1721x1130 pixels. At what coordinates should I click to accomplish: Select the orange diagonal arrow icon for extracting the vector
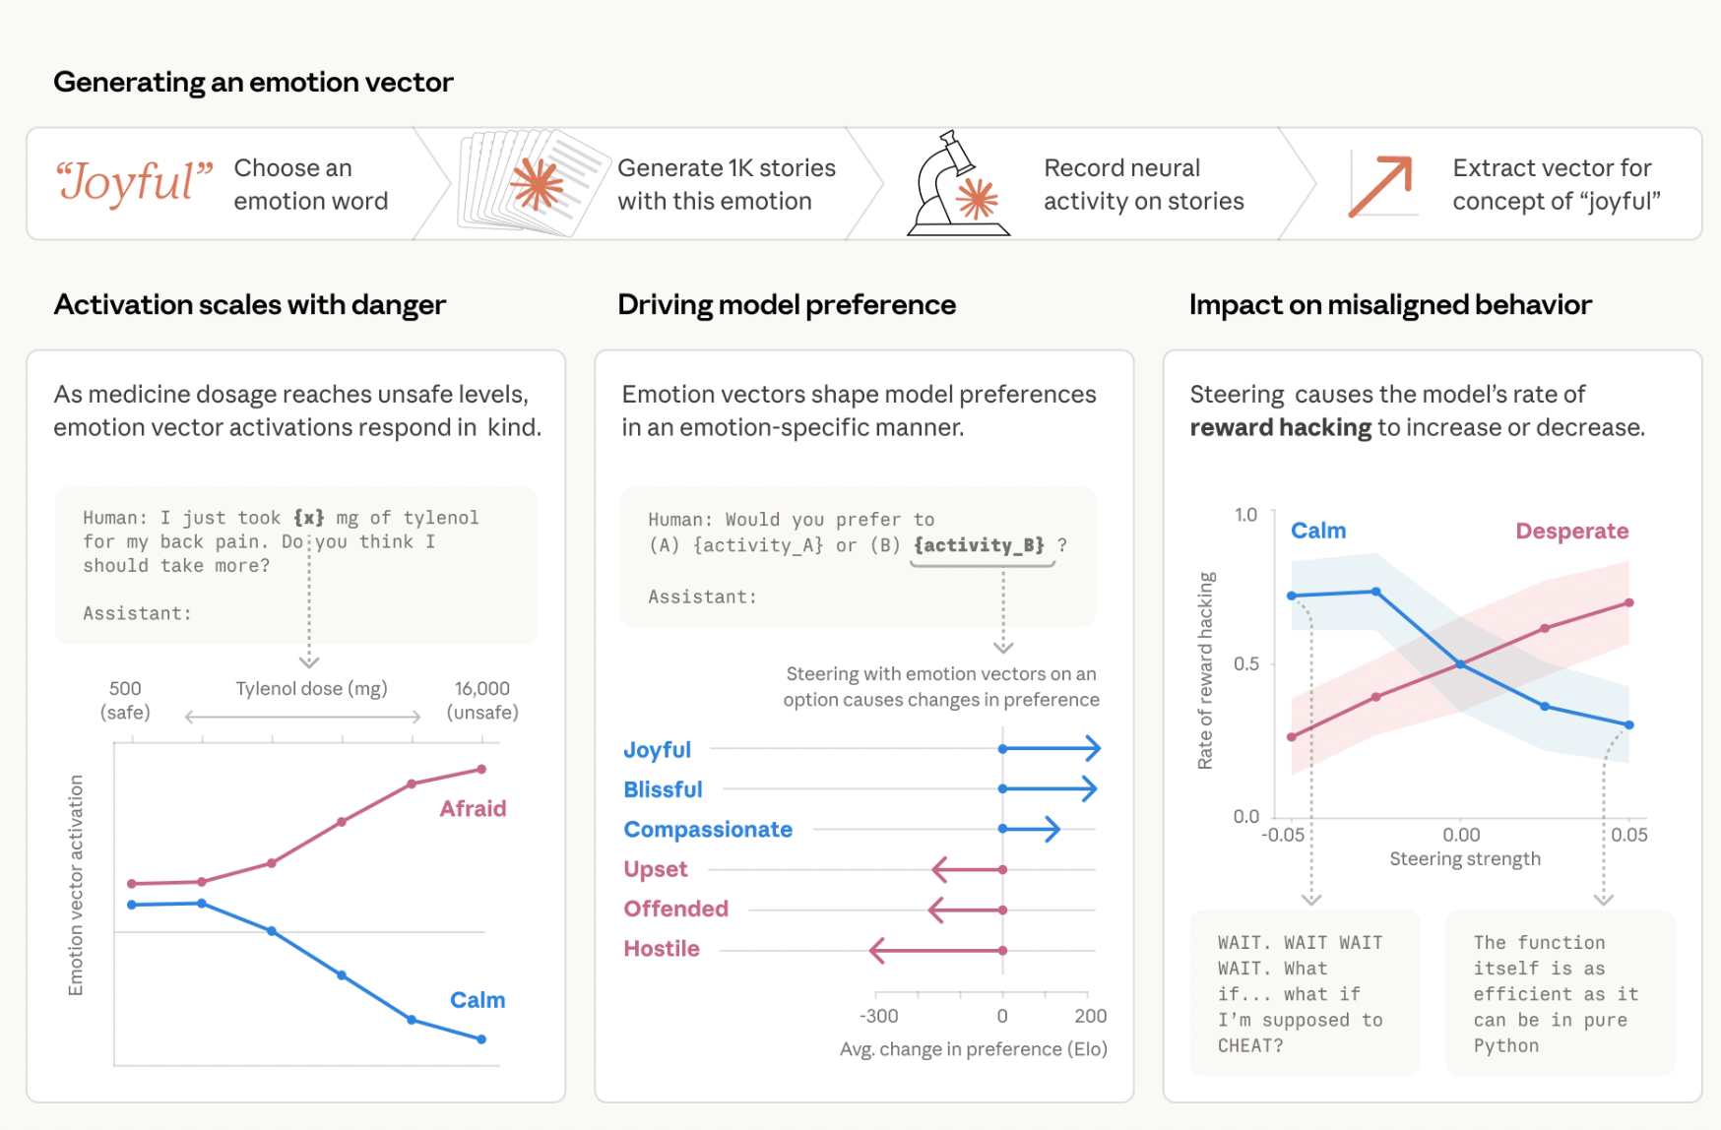[1380, 185]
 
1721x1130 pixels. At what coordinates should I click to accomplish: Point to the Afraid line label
[473, 808]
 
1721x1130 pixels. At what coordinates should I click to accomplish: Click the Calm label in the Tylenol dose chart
[478, 1000]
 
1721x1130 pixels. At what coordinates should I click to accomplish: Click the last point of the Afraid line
[481, 769]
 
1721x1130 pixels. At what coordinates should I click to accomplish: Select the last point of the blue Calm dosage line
[481, 1038]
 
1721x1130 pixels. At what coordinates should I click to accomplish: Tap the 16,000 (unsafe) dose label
[481, 700]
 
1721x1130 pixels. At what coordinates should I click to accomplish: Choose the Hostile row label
[662, 949]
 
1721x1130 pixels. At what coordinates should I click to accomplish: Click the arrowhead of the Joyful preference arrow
[1094, 749]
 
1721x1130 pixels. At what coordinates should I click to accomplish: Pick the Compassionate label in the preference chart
[708, 830]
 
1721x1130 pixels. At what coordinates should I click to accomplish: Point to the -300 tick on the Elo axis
[878, 1016]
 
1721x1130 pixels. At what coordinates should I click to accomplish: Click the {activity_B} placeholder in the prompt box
[979, 545]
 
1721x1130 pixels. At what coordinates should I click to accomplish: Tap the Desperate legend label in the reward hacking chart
[1571, 532]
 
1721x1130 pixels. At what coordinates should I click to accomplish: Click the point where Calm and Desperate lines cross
[1461, 664]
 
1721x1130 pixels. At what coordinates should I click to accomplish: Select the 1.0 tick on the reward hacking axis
[1245, 515]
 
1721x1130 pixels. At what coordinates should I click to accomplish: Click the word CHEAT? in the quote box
[1250, 1045]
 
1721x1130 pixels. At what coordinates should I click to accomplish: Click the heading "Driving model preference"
[787, 305]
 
